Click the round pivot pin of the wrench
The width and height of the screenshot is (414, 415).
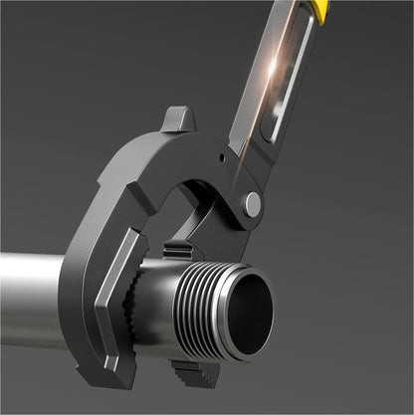254,204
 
